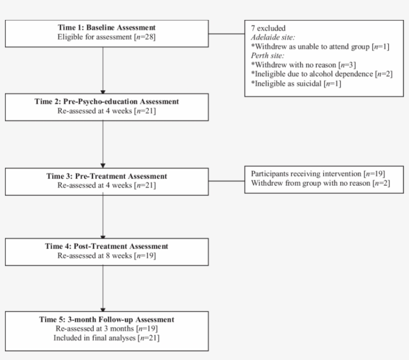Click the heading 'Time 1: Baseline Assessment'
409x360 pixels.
tap(107, 27)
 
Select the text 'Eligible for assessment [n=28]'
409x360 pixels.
tap(107, 36)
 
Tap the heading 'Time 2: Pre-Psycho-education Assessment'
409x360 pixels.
tap(107, 101)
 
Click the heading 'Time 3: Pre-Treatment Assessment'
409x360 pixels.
tap(107, 176)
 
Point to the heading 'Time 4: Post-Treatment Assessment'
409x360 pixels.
tap(107, 246)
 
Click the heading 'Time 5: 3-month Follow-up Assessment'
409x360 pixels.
tap(107, 320)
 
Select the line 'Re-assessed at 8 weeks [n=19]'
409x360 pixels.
tap(107, 255)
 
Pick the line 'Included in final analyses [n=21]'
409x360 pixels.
tap(107, 338)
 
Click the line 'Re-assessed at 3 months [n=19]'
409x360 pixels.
tap(107, 329)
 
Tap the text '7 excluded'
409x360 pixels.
tap(268, 28)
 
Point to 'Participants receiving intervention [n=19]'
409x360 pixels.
tap(318, 174)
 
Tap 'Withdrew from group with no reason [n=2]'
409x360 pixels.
tap(320, 183)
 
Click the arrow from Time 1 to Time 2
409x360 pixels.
tap(103, 70)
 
